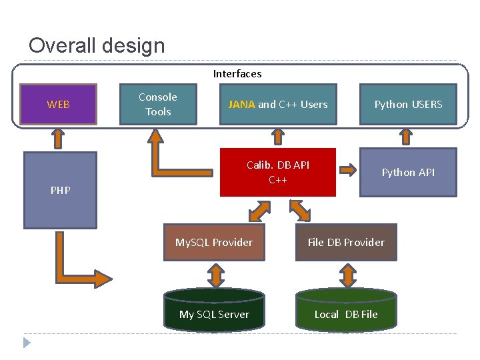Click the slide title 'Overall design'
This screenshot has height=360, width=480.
point(97,45)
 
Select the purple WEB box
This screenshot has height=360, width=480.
point(59,104)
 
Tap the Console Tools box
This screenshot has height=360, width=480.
point(158,104)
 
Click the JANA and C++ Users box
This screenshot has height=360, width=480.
point(278,104)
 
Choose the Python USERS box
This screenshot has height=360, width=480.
point(408,104)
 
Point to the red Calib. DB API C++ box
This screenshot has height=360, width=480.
point(278,173)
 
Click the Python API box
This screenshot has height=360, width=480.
point(408,173)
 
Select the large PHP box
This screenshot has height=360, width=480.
point(60,190)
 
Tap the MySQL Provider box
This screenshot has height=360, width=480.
point(214,242)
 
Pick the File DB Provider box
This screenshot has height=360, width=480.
point(346,242)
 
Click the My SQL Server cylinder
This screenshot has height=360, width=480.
point(214,314)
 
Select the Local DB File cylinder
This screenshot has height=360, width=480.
point(346,314)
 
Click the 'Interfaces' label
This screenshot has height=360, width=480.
point(237,74)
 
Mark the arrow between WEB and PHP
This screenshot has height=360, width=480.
point(59,138)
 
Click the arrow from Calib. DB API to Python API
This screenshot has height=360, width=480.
point(347,169)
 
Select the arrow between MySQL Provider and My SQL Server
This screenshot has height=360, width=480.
point(215,275)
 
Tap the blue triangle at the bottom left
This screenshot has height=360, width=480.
point(27,343)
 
